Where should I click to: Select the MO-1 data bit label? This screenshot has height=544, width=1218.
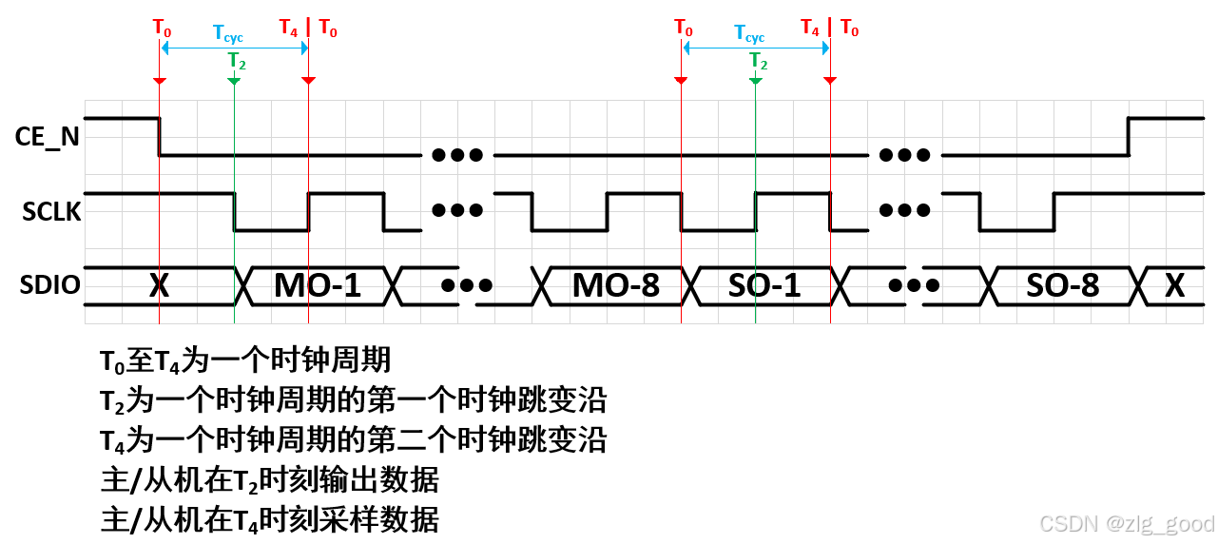318,285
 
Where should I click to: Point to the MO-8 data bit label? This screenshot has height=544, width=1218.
616,285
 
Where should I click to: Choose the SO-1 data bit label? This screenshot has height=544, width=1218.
765,285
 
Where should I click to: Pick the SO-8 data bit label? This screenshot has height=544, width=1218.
1063,285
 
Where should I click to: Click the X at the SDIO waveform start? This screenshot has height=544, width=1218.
160,285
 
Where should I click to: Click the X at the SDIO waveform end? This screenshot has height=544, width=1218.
1175,285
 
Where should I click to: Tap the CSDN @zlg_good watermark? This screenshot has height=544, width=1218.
1127,524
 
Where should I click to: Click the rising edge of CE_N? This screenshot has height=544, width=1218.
1129,136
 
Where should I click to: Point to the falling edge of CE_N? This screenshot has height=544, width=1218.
159,136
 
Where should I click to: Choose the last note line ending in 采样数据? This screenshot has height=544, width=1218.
270,521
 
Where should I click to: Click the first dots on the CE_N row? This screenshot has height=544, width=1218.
456,154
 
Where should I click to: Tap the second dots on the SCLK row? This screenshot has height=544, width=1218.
906,211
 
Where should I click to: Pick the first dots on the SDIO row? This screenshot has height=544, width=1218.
466,285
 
